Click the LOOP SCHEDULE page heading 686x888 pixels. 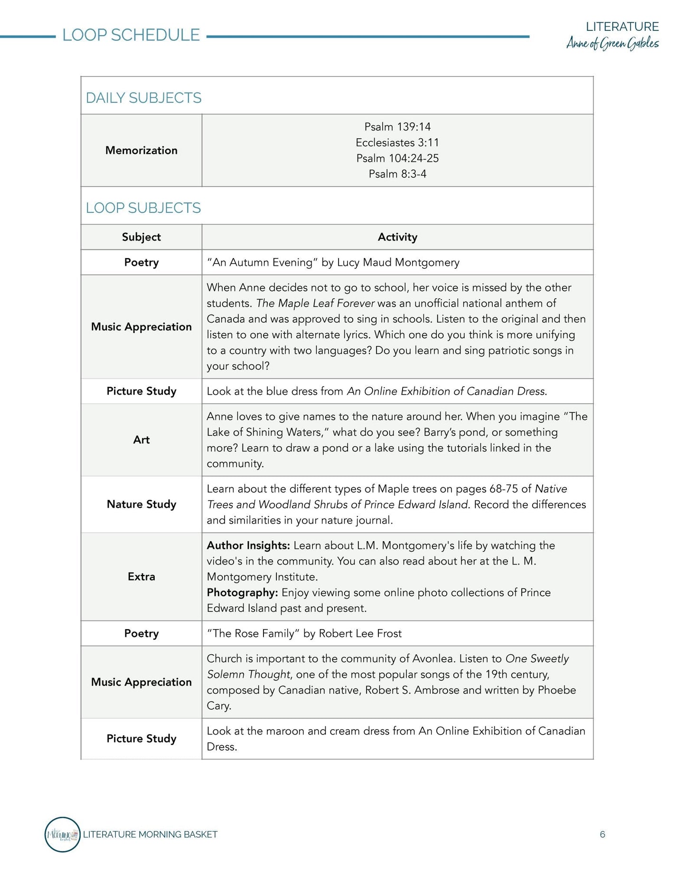point(131,35)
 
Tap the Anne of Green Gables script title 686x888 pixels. point(612,44)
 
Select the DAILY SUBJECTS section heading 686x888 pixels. point(143,98)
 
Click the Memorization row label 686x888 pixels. point(141,150)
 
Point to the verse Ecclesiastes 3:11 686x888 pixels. point(397,143)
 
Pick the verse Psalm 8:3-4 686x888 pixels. point(397,174)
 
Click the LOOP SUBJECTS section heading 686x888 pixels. point(143,208)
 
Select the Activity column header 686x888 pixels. point(397,237)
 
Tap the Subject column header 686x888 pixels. point(141,237)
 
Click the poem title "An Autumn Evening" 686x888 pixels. point(262,262)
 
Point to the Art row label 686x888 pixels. point(141,440)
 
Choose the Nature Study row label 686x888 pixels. point(141,504)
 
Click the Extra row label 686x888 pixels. point(141,577)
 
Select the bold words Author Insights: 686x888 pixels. point(248,545)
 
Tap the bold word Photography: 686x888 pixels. point(242,592)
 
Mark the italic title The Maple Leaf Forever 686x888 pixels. point(315,303)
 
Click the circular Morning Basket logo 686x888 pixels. point(63,834)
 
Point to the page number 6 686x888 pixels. point(602,834)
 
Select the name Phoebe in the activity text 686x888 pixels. point(556,690)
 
